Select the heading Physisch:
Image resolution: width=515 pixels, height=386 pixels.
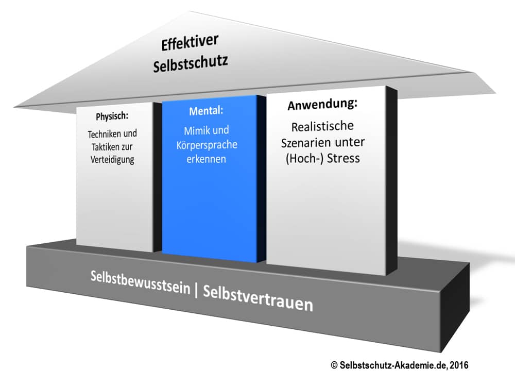[x=112, y=116]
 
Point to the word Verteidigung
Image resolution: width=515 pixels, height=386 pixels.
[x=112, y=159]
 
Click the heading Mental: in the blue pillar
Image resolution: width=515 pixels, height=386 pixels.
[x=205, y=110]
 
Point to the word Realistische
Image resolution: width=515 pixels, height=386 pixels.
[x=323, y=127]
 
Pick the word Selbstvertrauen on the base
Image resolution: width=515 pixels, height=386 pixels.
[x=258, y=299]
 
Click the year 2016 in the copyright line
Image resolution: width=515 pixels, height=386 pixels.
[x=459, y=365]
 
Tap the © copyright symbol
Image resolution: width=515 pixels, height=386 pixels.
[x=334, y=365]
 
